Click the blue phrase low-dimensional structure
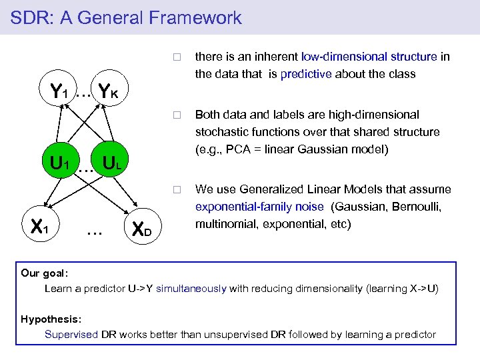pyautogui.click(x=369, y=57)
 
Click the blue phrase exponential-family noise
pyautogui.click(x=259, y=207)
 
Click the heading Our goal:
pyautogui.click(x=45, y=273)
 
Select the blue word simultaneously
pyautogui.click(x=191, y=289)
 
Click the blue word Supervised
pyautogui.click(x=71, y=334)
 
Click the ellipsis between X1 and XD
pyautogui.click(x=95, y=232)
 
